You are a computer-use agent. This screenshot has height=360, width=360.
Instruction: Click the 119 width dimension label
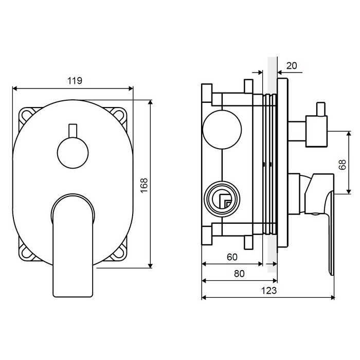tap(75, 81)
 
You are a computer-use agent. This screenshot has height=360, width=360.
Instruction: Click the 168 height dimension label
tap(144, 186)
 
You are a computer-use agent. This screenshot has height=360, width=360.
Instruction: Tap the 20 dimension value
tap(292, 66)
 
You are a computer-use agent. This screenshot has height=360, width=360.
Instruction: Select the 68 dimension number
tap(342, 165)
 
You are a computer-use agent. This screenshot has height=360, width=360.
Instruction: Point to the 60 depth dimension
tap(232, 257)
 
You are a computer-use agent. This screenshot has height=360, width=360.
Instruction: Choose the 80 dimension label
tap(239, 274)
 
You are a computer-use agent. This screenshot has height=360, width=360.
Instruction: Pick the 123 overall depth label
tap(269, 291)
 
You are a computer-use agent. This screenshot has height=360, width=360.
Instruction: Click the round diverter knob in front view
tap(73, 153)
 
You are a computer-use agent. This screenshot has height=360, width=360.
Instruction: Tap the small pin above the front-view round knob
tap(73, 131)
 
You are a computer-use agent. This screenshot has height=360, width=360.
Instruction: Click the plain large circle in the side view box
tap(222, 130)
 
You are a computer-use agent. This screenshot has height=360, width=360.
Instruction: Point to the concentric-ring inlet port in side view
tap(222, 199)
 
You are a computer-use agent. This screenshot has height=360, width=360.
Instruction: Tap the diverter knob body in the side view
tap(316, 131)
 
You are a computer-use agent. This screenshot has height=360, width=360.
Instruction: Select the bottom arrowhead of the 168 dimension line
tap(150, 266)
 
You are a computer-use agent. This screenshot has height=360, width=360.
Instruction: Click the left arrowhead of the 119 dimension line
tap(15, 88)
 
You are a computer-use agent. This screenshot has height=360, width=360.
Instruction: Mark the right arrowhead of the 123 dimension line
tap(332, 298)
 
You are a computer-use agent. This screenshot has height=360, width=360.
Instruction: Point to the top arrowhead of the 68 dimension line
tap(349, 134)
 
